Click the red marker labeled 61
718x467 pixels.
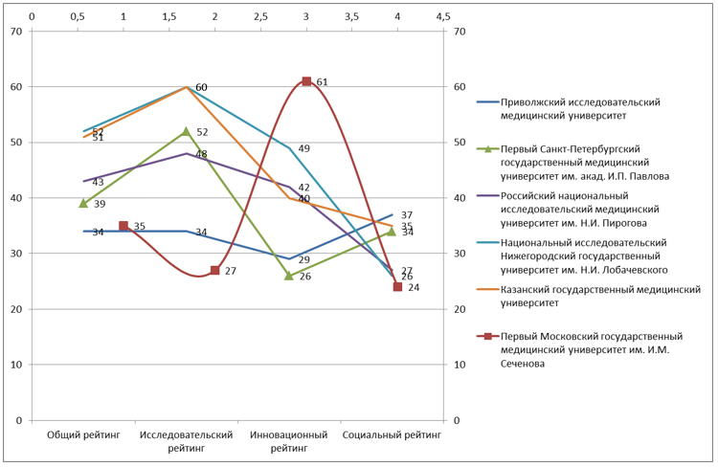306,81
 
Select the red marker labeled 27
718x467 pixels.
215,270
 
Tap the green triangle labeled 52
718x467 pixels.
186,131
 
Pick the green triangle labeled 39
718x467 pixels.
83,203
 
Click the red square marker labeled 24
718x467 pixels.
397,286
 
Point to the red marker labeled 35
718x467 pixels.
123,226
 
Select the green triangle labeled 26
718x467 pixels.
289,276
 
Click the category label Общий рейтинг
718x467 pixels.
84,434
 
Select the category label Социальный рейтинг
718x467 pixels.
392,434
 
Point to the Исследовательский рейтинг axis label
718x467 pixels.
187,440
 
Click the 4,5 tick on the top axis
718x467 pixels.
442,16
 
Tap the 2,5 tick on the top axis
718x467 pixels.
260,16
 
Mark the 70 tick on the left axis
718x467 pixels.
14,32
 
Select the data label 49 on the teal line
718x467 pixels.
303,148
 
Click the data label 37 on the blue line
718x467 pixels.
406,215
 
